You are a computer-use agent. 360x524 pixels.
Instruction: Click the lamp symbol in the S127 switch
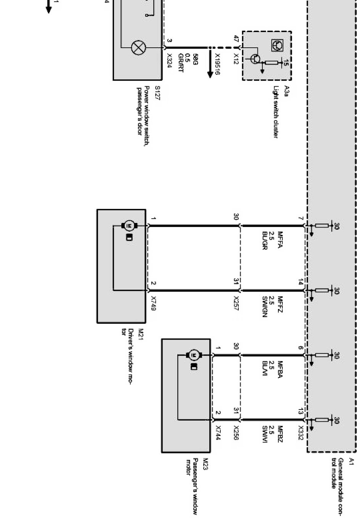138,48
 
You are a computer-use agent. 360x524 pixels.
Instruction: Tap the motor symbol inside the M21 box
129,226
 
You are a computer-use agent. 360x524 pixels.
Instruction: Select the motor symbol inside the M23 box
194,355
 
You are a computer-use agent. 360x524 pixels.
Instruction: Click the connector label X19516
217,64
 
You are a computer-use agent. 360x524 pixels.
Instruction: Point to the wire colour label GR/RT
181,63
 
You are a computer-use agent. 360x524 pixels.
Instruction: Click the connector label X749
154,303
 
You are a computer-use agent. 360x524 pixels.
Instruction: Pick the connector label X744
218,433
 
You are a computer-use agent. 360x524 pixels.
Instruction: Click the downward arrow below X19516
210,70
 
